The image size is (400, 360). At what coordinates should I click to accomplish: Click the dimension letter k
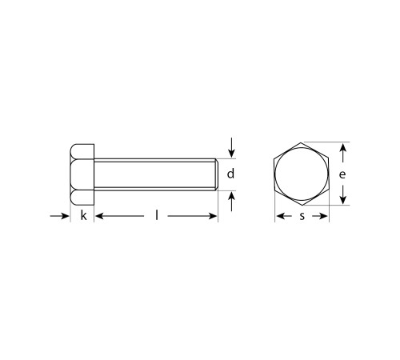click(83, 215)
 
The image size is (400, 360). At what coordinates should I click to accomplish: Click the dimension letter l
click(157, 215)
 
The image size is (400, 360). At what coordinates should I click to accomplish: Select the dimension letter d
click(230, 174)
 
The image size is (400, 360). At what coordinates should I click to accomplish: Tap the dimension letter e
click(342, 174)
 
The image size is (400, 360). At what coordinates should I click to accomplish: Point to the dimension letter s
click(302, 216)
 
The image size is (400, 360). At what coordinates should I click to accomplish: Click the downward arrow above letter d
click(231, 148)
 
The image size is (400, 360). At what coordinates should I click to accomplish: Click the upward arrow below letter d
click(231, 202)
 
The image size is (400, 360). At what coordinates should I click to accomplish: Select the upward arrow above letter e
click(342, 153)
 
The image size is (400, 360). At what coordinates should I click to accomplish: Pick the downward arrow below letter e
click(342, 194)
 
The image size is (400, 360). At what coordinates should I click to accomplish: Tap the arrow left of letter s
click(284, 216)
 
